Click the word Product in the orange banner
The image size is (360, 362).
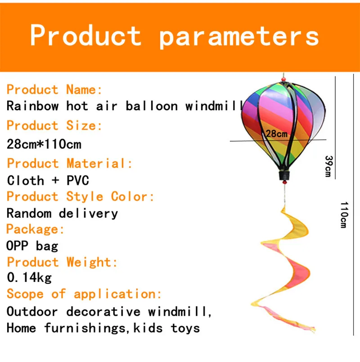[85, 35]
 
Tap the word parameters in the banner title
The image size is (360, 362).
[239, 37]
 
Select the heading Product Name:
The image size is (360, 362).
[54, 89]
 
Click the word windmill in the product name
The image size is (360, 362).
[215, 106]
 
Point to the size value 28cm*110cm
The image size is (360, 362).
[44, 144]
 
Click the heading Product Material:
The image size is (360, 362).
[69, 163]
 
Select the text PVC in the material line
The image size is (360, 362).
[78, 180]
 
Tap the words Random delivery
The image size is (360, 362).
[62, 213]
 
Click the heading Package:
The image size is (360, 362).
[35, 229]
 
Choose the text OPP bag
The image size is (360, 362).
[32, 246]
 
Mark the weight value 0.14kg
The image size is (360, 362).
[29, 277]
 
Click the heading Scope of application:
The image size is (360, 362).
[84, 294]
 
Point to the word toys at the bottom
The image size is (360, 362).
[185, 328]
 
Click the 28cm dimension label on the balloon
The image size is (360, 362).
[277, 134]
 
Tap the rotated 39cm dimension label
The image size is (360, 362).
[328, 166]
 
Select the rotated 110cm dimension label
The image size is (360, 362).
[344, 215]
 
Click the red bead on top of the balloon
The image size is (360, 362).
[283, 80]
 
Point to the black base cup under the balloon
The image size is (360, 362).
[284, 176]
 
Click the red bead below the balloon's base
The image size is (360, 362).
[285, 183]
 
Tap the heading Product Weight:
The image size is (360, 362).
[63, 262]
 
